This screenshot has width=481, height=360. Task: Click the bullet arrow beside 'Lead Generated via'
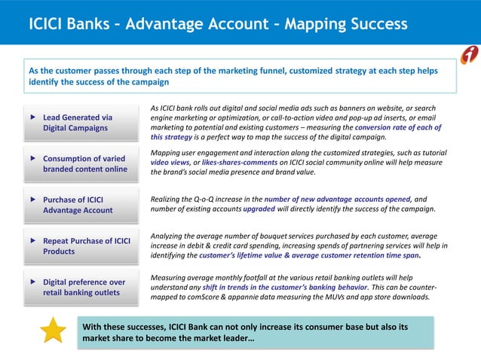(32, 117)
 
